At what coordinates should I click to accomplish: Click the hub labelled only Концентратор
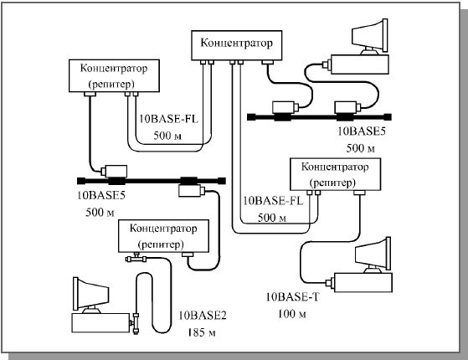[x=236, y=45]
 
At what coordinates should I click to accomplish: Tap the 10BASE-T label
[x=292, y=296]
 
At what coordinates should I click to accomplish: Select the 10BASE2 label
[x=203, y=316]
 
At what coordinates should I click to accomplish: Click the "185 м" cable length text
[x=202, y=332]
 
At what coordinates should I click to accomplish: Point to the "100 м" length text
[x=292, y=314]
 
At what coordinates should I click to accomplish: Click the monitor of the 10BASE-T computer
[x=373, y=255]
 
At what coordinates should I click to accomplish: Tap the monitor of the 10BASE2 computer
[x=91, y=295]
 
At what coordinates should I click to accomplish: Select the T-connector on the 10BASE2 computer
[x=136, y=322]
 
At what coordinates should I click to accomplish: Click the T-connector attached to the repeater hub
[x=136, y=258]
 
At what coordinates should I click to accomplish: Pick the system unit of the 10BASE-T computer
[x=363, y=282]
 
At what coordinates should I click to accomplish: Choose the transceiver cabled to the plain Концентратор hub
[x=284, y=107]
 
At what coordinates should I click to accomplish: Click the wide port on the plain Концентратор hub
[x=267, y=62]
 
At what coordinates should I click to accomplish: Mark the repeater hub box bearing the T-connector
[x=163, y=236]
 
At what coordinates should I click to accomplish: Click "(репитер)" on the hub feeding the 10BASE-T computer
[x=333, y=183]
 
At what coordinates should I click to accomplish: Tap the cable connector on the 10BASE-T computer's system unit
[x=330, y=282]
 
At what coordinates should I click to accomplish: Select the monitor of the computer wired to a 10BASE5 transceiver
[x=370, y=37]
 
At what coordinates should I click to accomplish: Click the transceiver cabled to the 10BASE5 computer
[x=346, y=107]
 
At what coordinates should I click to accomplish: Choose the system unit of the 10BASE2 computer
[x=100, y=322]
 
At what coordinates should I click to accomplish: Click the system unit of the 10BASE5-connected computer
[x=360, y=64]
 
